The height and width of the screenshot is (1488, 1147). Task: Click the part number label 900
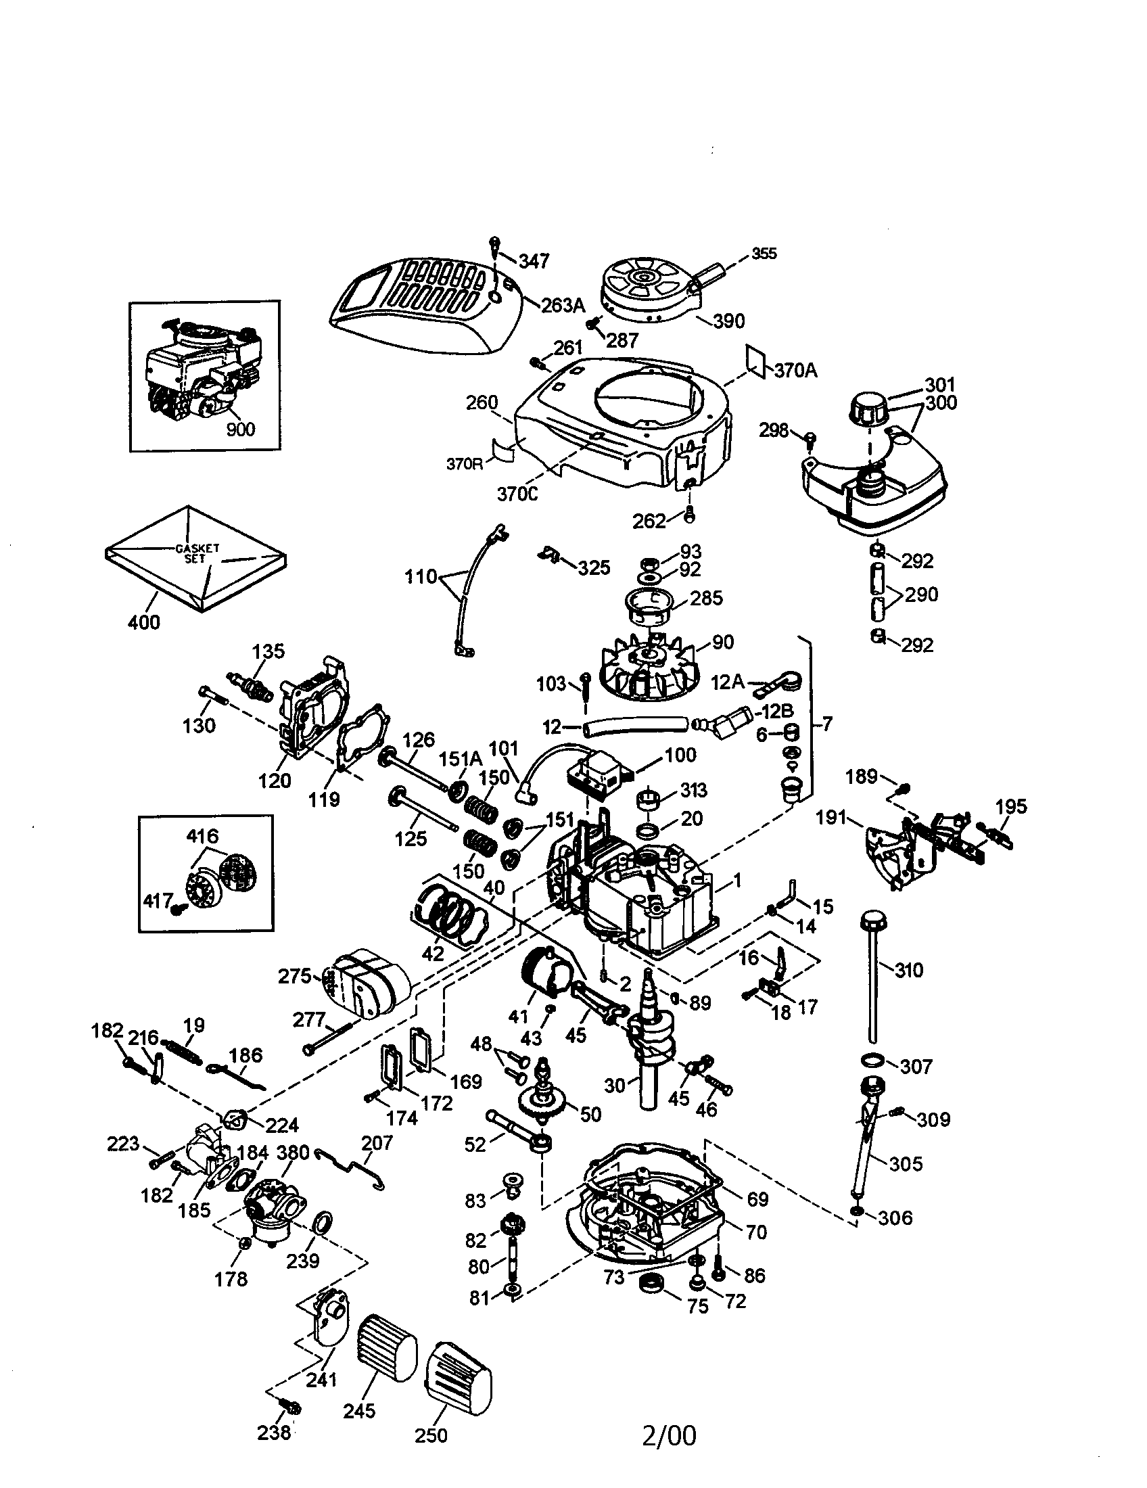tap(240, 429)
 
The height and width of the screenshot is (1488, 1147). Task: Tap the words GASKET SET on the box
tap(197, 553)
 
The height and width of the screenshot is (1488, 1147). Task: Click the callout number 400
tap(144, 622)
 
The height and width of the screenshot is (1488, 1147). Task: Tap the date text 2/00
tap(669, 1435)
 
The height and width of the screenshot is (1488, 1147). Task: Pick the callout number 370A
tap(795, 371)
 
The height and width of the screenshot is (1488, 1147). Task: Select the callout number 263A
tap(563, 305)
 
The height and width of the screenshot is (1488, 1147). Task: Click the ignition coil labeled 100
tap(594, 776)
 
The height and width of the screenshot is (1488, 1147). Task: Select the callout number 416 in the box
tap(202, 835)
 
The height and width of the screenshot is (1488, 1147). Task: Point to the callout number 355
tap(764, 254)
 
